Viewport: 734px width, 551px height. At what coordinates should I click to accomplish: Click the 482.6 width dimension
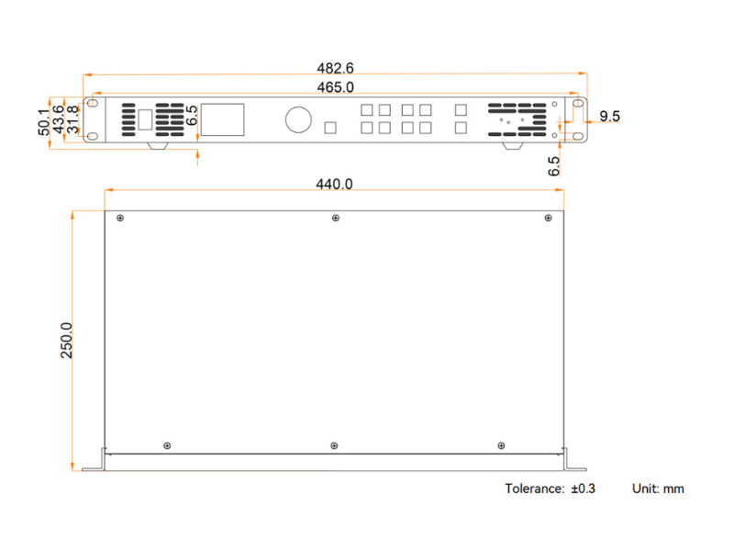[x=335, y=68]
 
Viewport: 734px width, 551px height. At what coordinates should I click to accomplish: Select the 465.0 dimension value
[x=335, y=87]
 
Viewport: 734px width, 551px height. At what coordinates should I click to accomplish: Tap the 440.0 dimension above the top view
[x=334, y=185]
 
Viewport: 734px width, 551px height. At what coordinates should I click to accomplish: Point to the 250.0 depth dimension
[x=66, y=340]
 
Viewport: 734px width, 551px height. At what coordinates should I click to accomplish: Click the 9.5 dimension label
[x=609, y=116]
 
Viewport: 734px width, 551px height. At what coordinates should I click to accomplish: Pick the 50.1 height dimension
[x=43, y=122]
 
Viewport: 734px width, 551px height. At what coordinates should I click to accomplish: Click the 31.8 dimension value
[x=72, y=119]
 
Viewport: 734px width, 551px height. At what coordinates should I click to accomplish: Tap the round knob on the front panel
[x=298, y=119]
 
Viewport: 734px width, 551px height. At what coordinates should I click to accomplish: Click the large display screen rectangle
[x=222, y=119]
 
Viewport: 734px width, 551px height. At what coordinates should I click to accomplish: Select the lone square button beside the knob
[x=330, y=128]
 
